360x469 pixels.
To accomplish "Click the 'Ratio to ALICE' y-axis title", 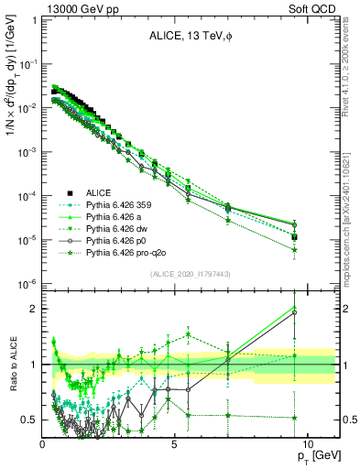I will [12, 365].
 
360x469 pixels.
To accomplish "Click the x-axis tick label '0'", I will [43, 443].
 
